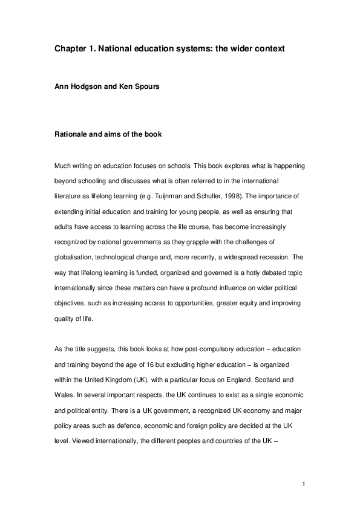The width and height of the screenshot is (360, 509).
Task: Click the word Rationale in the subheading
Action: pyautogui.click(x=74, y=134)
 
